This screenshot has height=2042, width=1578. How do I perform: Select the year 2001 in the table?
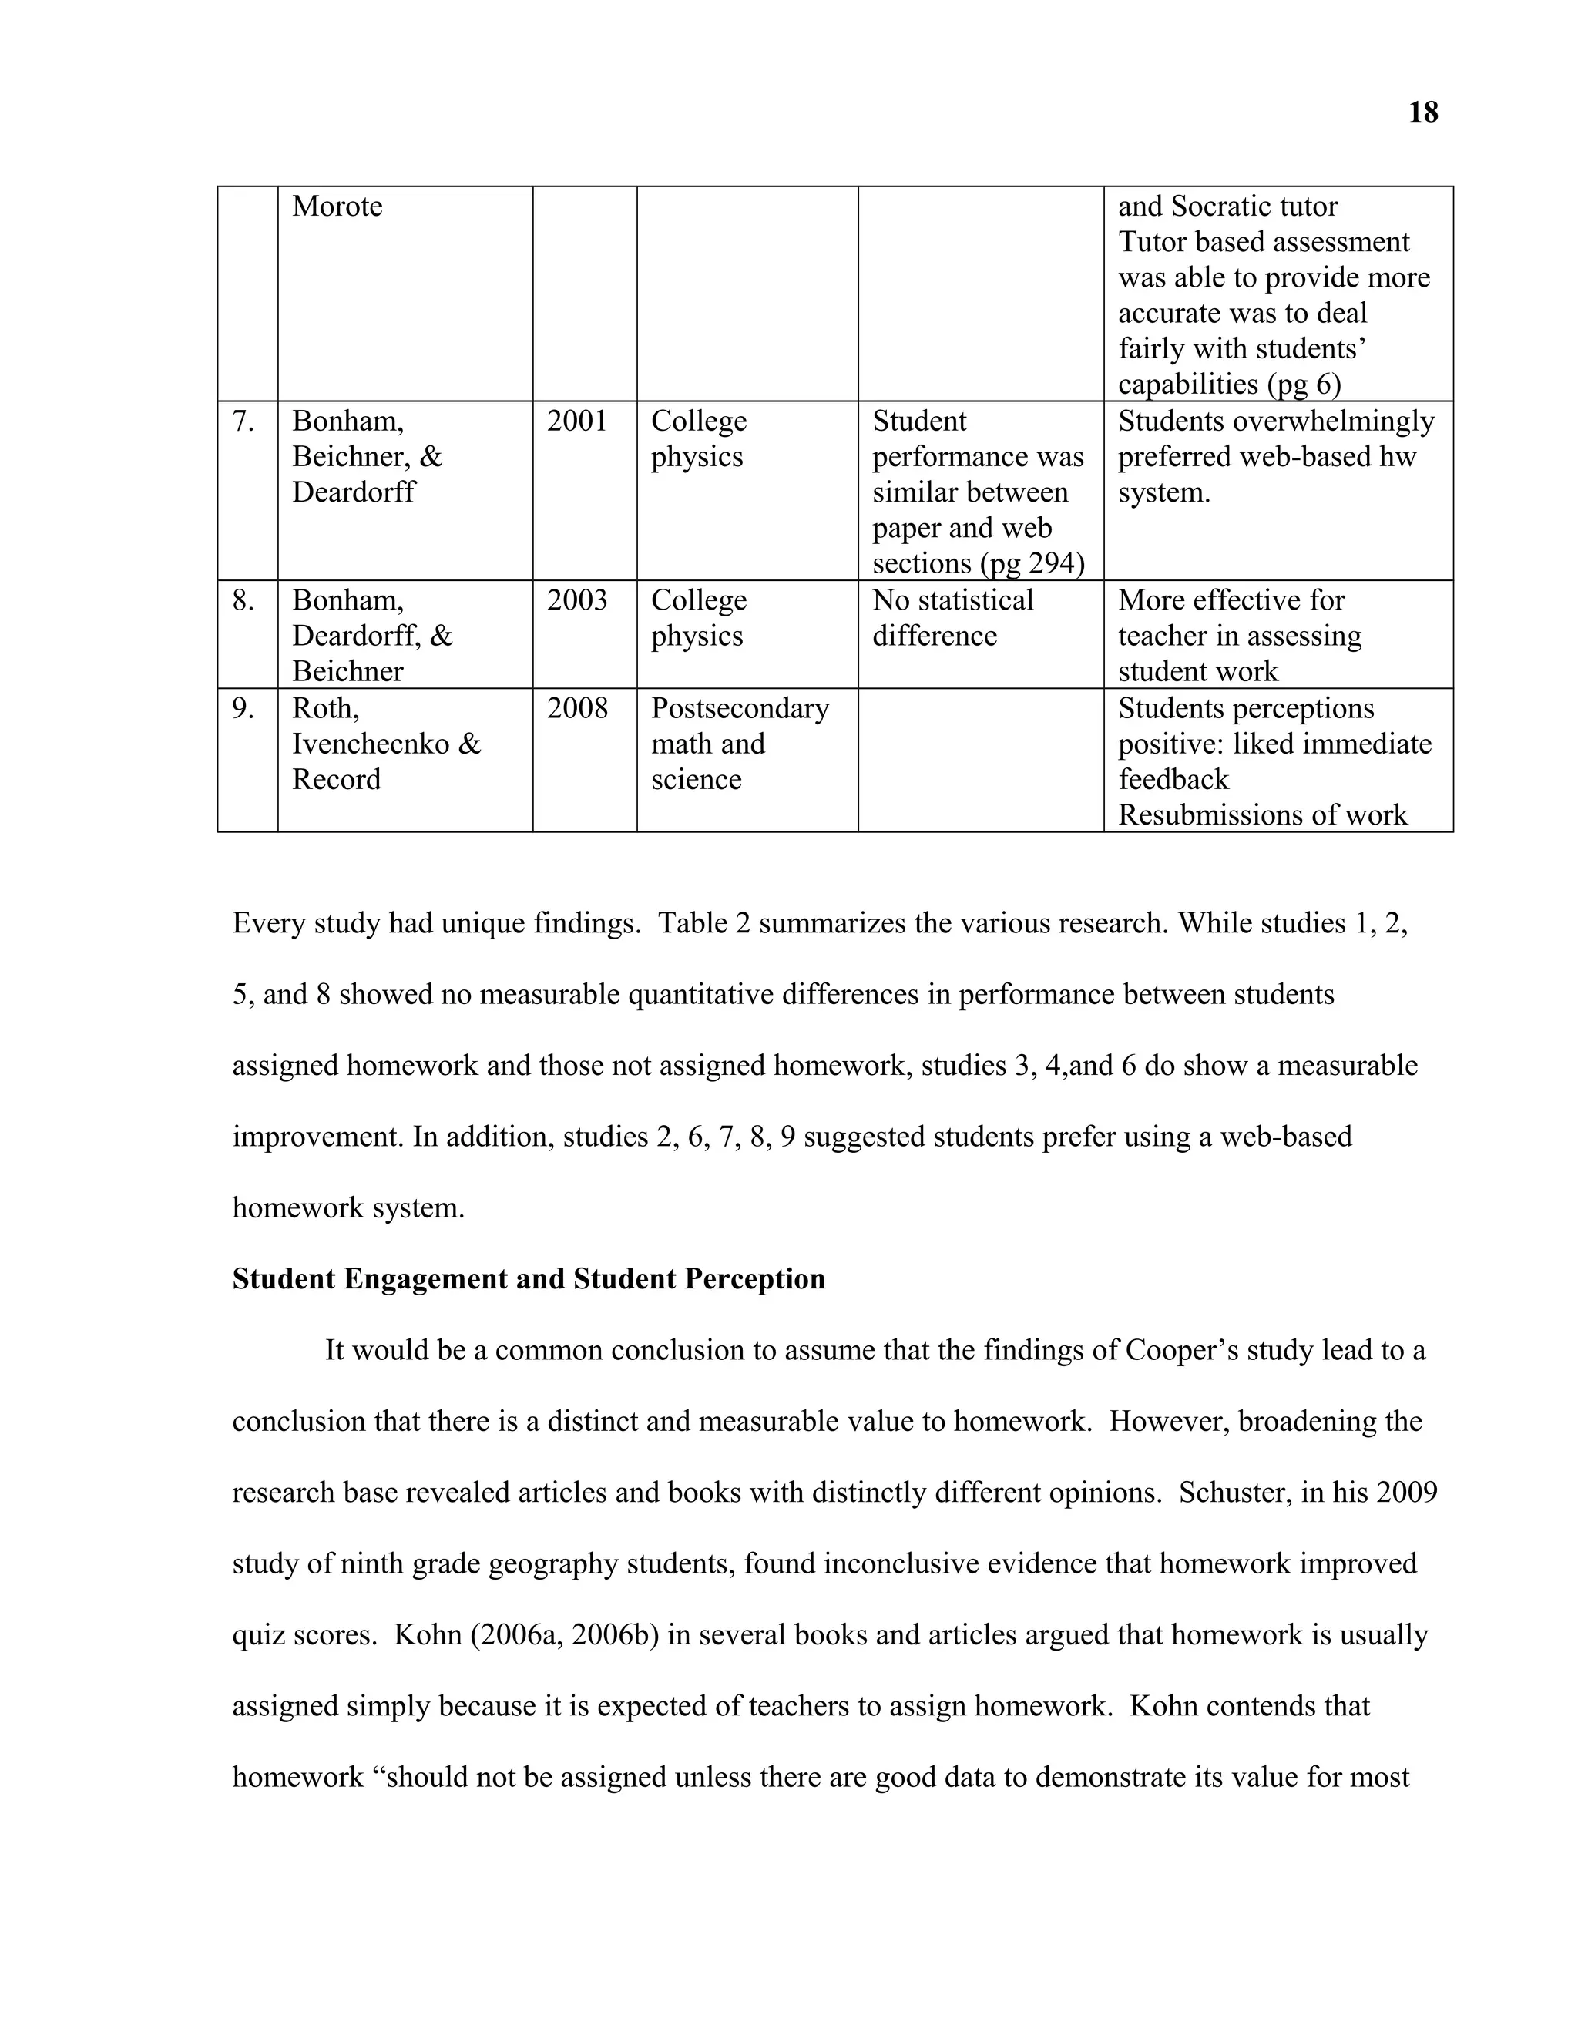coord(577,421)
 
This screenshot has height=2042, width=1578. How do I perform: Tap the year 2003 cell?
coord(577,600)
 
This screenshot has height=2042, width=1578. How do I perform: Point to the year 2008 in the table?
coord(577,709)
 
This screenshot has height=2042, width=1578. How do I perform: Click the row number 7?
coord(243,421)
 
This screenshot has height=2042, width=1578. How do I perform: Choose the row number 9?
coord(243,709)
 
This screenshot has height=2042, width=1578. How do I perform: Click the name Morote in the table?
coord(337,206)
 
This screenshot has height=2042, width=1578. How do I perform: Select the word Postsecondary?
coord(740,709)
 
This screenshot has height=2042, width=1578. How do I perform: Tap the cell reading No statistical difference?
coord(952,618)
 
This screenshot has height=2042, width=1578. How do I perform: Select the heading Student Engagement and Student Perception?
coord(528,1279)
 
